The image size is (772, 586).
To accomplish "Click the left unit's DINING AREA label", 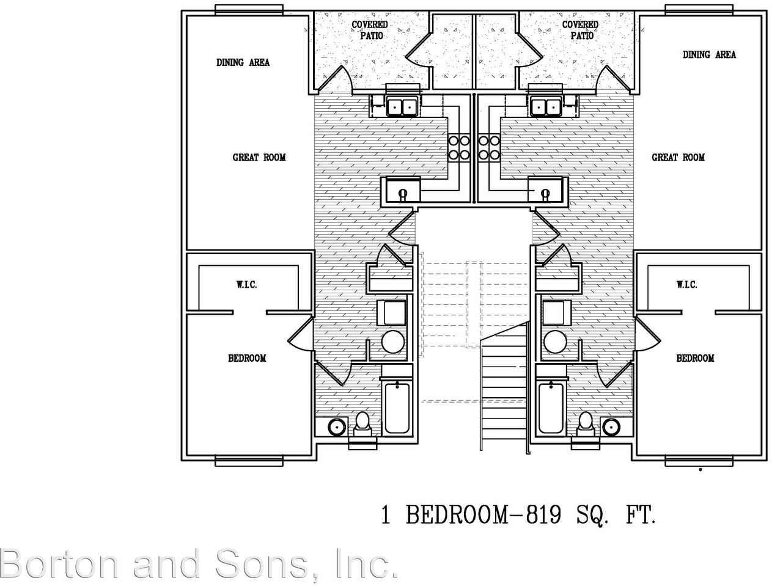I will pos(243,62).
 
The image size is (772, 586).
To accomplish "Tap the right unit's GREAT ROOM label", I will pos(678,158).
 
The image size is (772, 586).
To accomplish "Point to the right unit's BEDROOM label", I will pos(695,358).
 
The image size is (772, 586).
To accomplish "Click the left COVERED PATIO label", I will pos(369,30).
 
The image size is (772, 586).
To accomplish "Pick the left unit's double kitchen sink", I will pos(402,106).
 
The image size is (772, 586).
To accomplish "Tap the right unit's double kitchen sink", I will pos(546,106).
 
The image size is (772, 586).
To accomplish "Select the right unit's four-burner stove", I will pos(488,147).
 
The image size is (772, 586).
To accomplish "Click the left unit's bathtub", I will pos(397,407).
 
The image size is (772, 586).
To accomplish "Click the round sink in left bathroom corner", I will pos(336,427).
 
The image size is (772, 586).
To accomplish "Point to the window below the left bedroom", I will pos(249,461).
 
